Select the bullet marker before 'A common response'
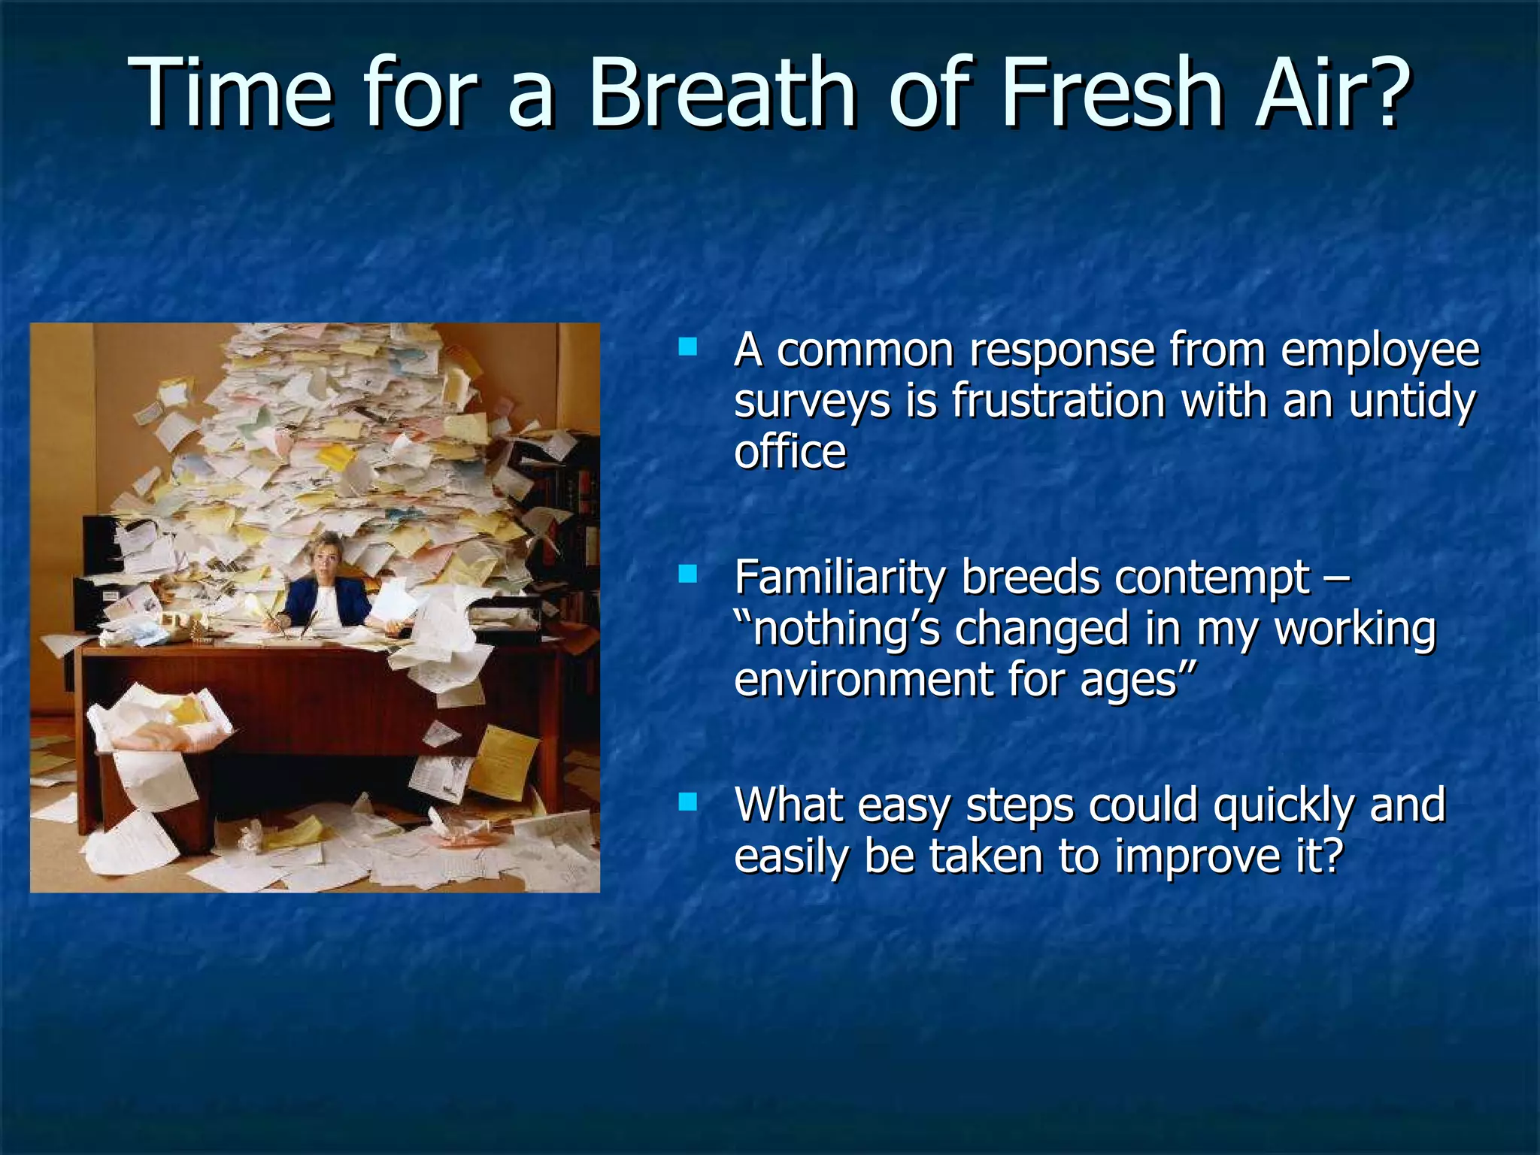(687, 347)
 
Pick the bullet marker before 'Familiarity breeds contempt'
(687, 575)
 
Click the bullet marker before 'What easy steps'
(687, 802)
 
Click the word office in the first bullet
(790, 451)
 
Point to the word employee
(1380, 350)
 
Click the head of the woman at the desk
(328, 553)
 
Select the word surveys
(812, 402)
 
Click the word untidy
(1411, 400)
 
